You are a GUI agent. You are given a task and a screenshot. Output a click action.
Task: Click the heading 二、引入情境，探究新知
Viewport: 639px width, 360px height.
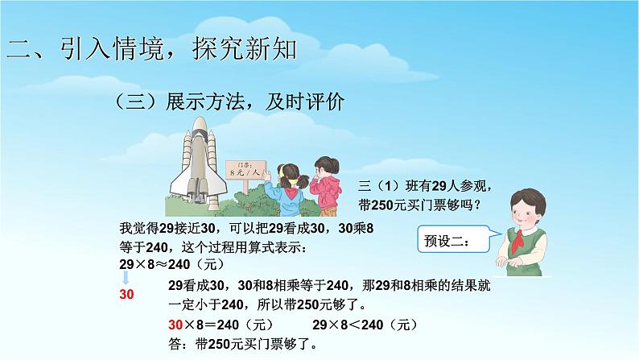coord(152,49)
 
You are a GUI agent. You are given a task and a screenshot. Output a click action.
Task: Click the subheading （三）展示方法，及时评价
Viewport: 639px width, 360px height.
coord(229,101)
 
